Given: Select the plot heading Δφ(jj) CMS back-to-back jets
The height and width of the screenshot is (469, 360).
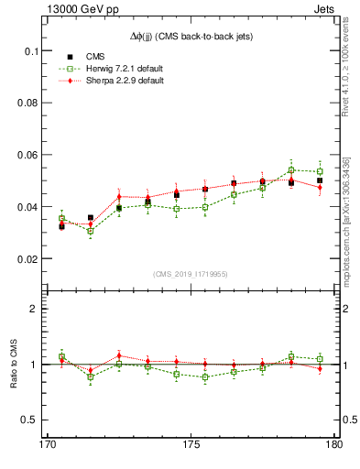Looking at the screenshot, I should point(191,36).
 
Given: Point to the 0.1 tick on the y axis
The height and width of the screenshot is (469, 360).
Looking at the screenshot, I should point(31,51).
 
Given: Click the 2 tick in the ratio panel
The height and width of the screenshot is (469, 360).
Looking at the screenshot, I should point(37,309).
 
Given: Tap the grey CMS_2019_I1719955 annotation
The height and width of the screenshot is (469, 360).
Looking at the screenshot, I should point(191,274).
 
